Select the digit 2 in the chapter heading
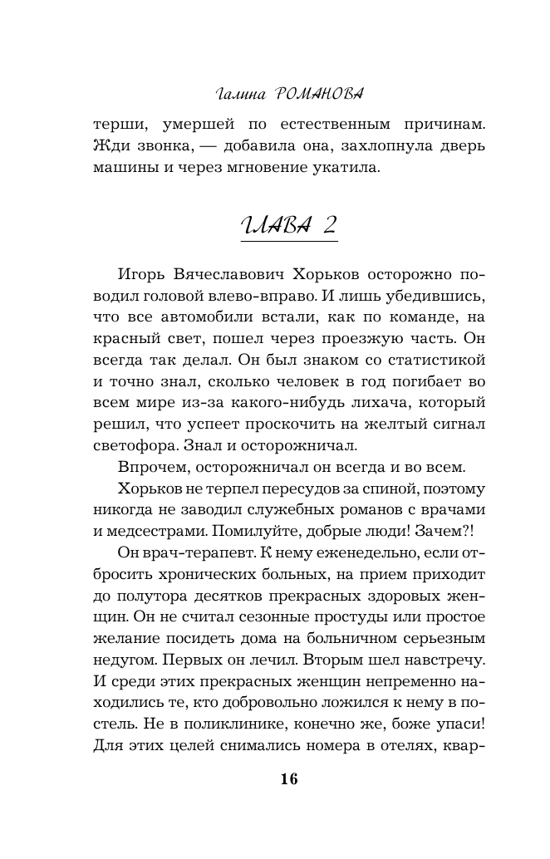[327, 223]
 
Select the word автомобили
[187, 317]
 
